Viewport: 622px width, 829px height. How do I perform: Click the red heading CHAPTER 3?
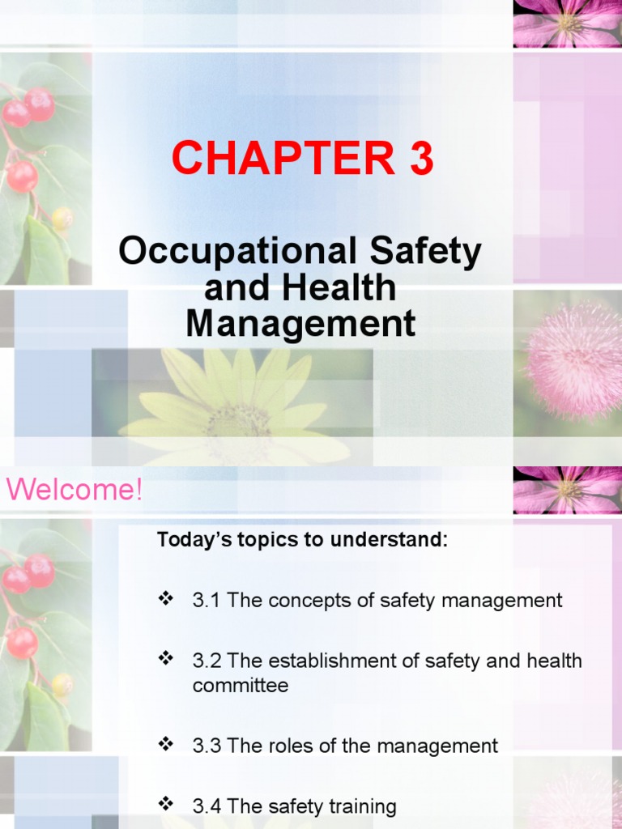click(302, 159)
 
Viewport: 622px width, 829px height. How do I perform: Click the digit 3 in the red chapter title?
click(421, 159)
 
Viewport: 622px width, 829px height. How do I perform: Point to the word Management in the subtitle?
click(300, 324)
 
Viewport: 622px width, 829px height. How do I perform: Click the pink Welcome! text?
click(75, 490)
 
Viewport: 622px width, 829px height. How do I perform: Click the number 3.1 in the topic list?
click(207, 601)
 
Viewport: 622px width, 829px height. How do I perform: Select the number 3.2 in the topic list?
click(207, 661)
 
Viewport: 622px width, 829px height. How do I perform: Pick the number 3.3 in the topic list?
click(207, 746)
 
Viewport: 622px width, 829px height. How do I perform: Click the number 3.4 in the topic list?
click(207, 806)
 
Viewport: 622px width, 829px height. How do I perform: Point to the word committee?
click(241, 686)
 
